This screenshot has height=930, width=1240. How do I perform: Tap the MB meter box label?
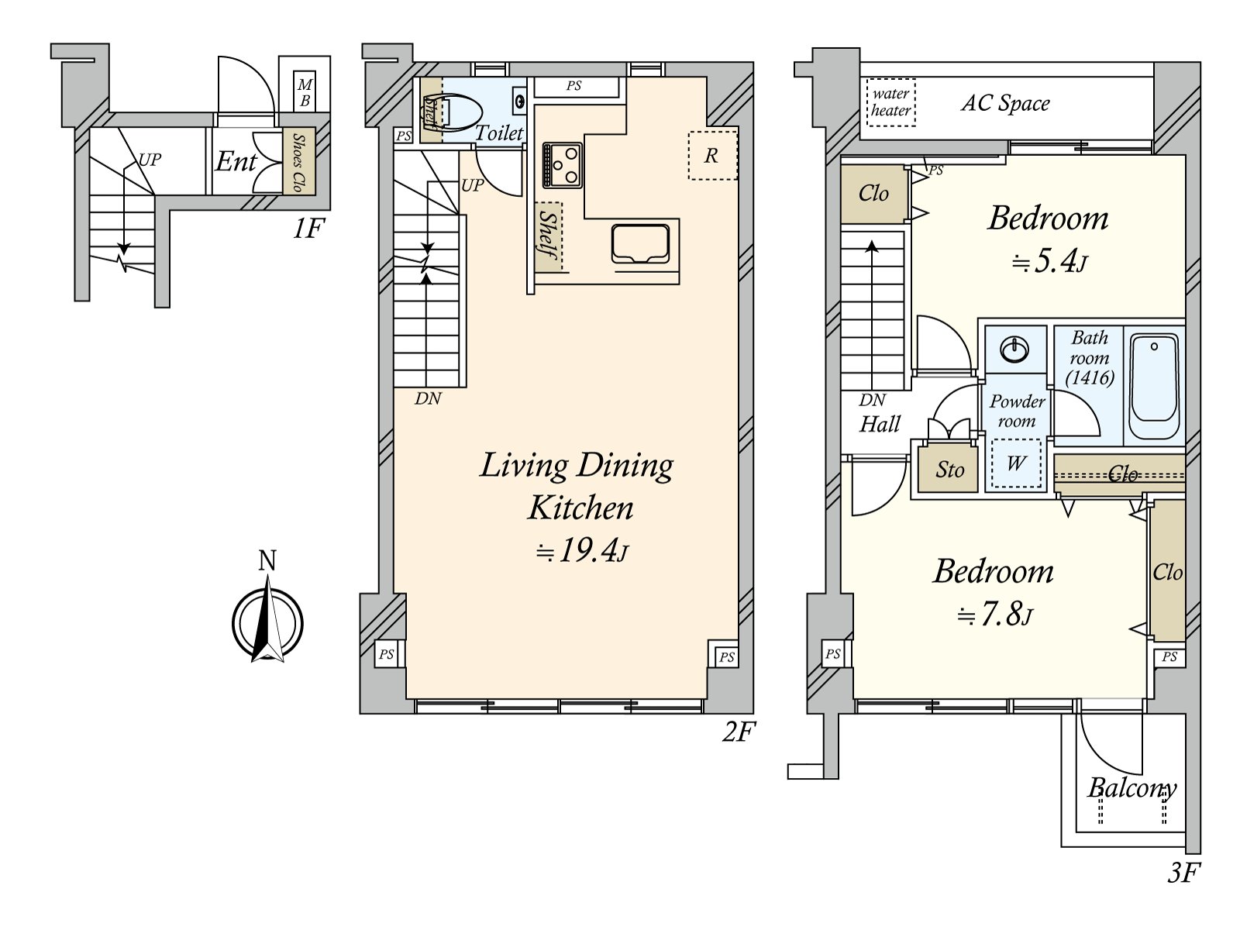coord(305,92)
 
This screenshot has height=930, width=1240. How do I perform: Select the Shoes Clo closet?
coord(298,161)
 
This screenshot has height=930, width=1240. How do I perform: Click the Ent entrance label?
coord(236,162)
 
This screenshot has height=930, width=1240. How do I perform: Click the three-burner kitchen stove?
coord(562,165)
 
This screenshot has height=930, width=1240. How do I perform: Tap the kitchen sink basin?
coord(640,244)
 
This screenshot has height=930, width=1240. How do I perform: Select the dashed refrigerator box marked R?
coord(712,155)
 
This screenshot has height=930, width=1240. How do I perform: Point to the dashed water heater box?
coord(890,102)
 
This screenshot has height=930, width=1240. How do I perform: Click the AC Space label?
coord(1005,103)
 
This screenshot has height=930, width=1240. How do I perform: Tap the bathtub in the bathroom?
coord(1153,386)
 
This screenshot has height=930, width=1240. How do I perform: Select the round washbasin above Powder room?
coord(1014,350)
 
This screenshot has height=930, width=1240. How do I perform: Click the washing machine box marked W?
coord(1016,463)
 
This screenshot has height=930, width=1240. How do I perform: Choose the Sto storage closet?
coord(949,468)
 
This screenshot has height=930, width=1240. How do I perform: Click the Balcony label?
coord(1131,788)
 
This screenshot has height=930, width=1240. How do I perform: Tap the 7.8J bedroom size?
coord(995,615)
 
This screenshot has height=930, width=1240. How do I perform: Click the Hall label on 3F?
coord(879,423)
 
